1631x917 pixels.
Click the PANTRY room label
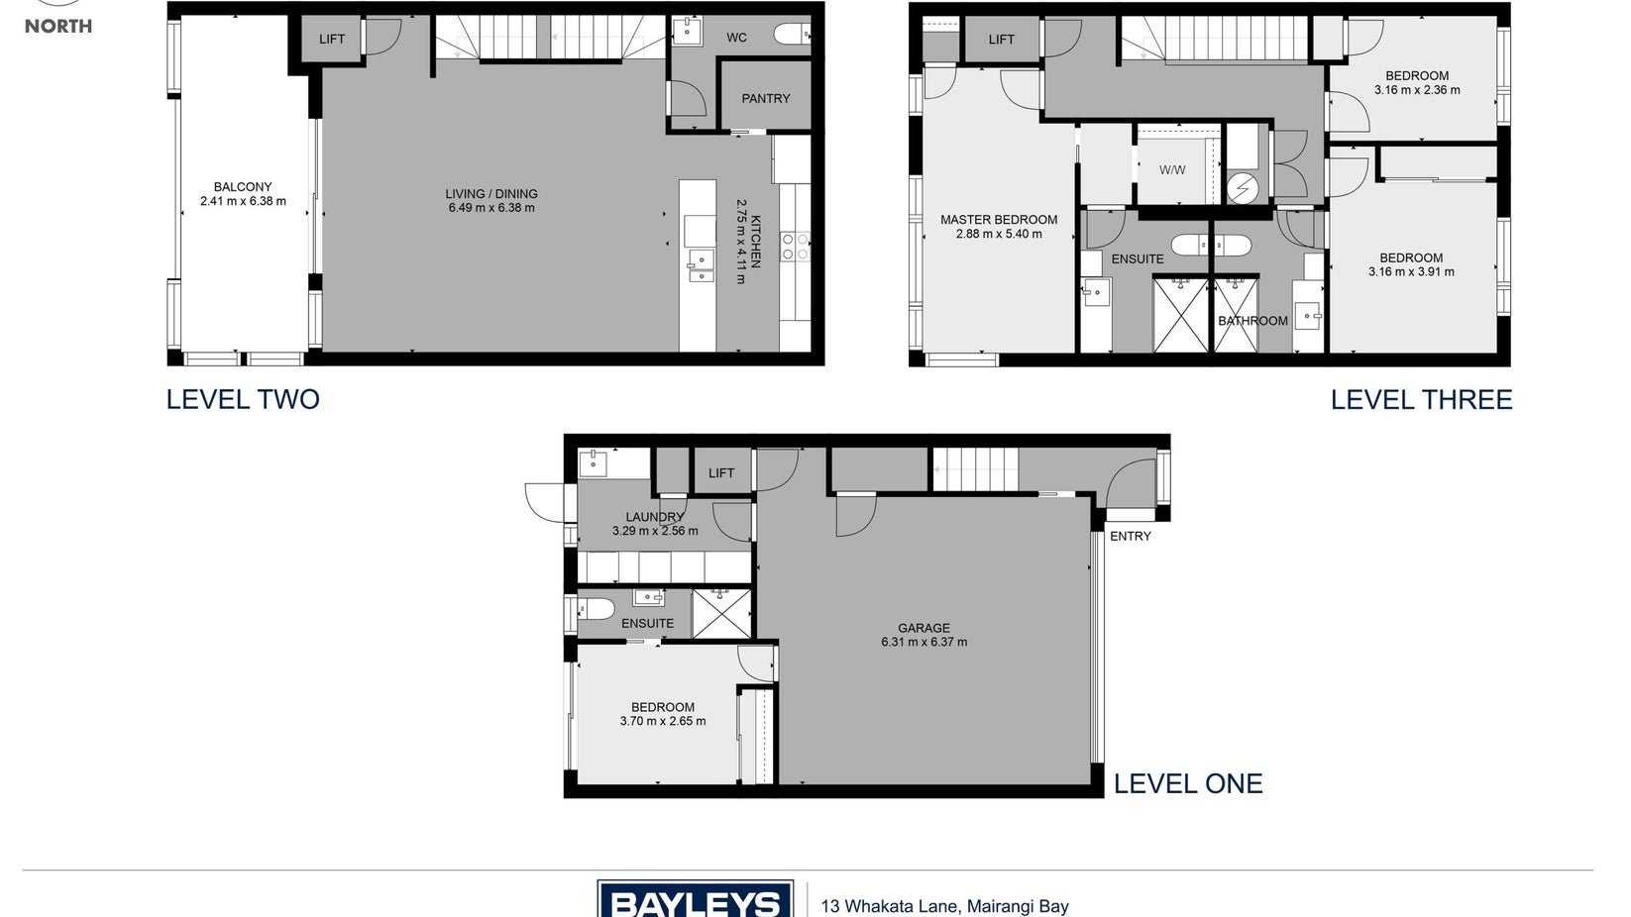(x=765, y=98)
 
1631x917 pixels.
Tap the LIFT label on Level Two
(x=331, y=39)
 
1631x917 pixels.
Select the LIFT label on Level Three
(x=1001, y=40)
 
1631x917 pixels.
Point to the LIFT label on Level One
(x=720, y=473)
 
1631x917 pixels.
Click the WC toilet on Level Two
(x=792, y=34)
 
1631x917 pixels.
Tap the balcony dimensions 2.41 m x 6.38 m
(x=243, y=201)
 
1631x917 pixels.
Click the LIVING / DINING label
(x=491, y=193)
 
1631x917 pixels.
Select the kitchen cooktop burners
(x=795, y=246)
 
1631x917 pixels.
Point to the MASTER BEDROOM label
(x=998, y=220)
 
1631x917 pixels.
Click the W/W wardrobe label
(x=1172, y=170)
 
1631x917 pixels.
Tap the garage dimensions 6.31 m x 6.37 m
(x=924, y=642)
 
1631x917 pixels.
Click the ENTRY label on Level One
(x=1130, y=537)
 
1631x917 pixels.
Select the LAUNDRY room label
(x=655, y=517)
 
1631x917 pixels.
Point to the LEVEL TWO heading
(x=243, y=399)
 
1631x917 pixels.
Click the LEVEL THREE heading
(x=1421, y=399)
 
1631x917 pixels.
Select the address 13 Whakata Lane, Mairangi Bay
(x=945, y=907)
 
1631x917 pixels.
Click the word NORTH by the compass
(x=58, y=26)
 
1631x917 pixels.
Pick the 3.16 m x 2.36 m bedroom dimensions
(x=1417, y=90)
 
